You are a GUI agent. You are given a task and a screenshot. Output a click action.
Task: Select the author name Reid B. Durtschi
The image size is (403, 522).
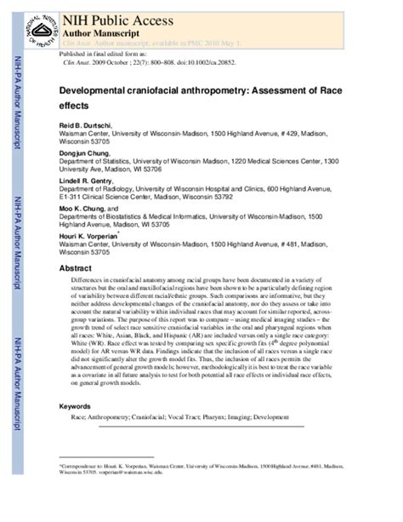[x=88, y=124]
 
